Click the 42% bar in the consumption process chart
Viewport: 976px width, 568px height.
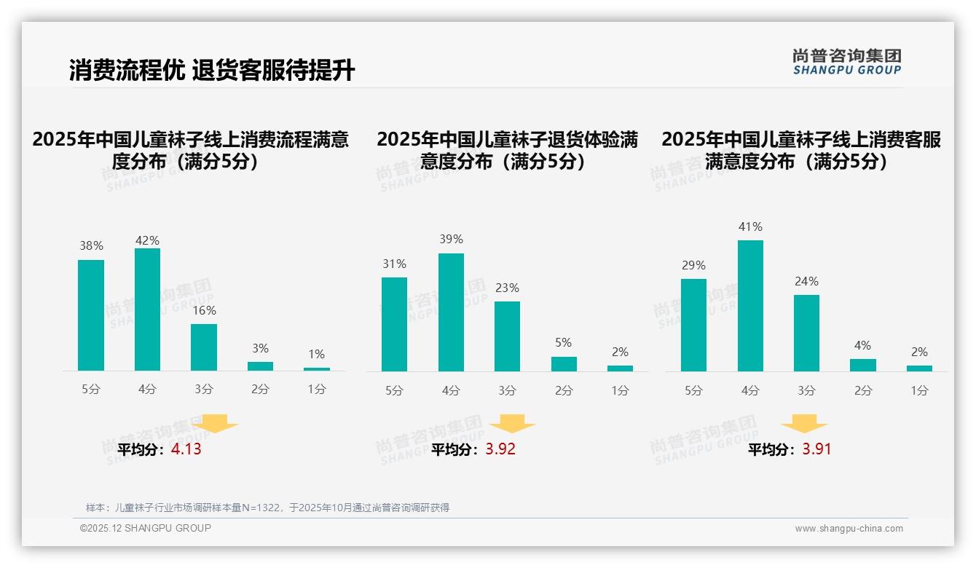pyautogui.click(x=147, y=309)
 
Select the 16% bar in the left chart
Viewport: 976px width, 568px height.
pyautogui.click(x=204, y=347)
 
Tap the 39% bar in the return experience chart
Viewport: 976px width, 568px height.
pyautogui.click(x=451, y=312)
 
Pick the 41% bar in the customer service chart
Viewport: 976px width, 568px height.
pyautogui.click(x=750, y=306)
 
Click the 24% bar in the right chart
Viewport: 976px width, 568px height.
pyautogui.click(x=806, y=333)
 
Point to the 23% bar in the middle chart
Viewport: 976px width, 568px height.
pyautogui.click(x=507, y=336)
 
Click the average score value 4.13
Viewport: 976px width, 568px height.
pyautogui.click(x=186, y=449)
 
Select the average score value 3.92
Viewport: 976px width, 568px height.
pyautogui.click(x=500, y=449)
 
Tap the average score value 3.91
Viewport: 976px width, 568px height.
pyautogui.click(x=816, y=449)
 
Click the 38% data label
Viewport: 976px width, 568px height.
pyautogui.click(x=91, y=246)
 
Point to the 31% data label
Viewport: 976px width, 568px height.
pyautogui.click(x=394, y=264)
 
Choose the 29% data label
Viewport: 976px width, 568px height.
pyautogui.click(x=693, y=265)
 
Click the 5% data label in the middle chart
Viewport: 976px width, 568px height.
pyautogui.click(x=563, y=342)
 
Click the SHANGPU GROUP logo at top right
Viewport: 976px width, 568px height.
pyautogui.click(x=846, y=62)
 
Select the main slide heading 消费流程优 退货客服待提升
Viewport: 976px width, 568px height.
pyautogui.click(x=212, y=71)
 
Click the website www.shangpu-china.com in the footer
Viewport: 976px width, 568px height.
pyautogui.click(x=849, y=529)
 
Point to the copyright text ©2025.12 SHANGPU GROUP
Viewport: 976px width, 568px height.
pyautogui.click(x=146, y=528)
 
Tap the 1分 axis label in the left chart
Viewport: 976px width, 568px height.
pyautogui.click(x=316, y=390)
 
